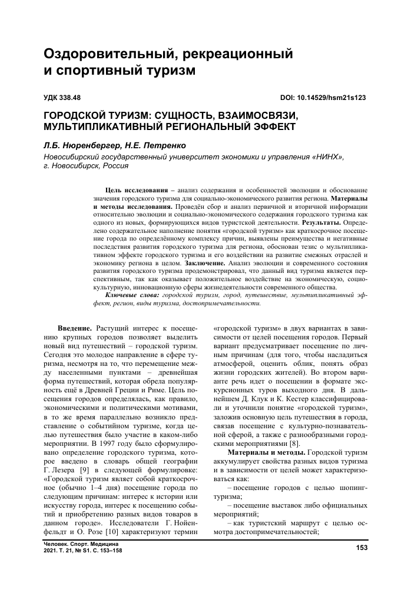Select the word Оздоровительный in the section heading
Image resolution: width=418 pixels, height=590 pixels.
click(x=101, y=55)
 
